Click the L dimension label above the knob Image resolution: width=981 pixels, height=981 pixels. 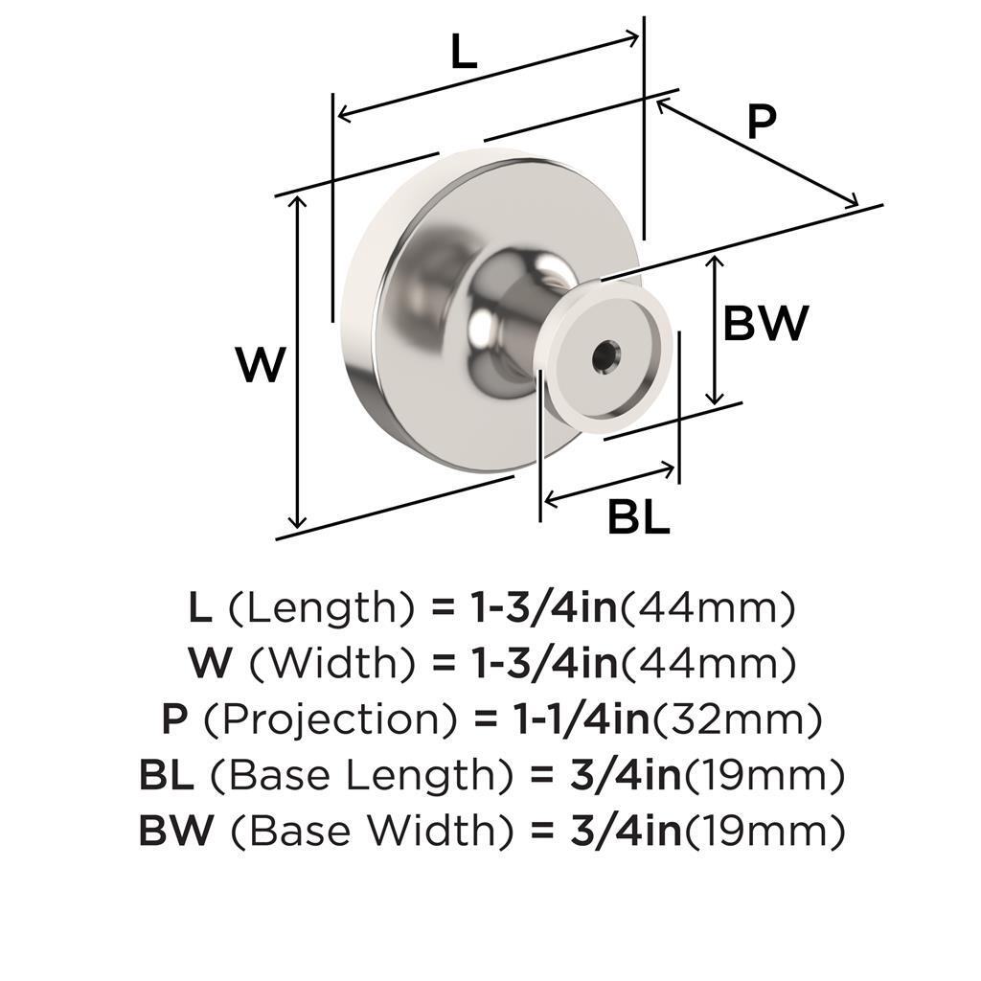(x=464, y=54)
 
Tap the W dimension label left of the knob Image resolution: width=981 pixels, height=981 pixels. (x=261, y=365)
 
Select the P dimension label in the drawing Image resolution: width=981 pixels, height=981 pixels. (x=761, y=122)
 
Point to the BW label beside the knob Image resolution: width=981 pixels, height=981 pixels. (x=765, y=324)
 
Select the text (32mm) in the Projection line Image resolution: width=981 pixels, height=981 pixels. (x=737, y=717)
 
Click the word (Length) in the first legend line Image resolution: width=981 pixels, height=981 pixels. (x=321, y=606)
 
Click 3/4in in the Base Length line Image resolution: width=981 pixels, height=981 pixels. (x=625, y=774)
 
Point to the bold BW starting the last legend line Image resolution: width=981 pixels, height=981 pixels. (x=176, y=830)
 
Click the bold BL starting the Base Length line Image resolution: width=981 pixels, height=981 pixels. (x=164, y=774)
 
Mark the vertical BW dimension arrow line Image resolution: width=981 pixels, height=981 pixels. (x=713, y=330)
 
